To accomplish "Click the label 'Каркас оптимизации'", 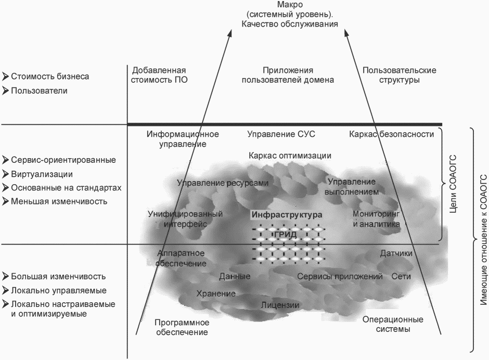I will tap(290, 156).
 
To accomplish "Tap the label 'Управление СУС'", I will tap(281, 134).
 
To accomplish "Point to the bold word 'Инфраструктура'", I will tap(287, 214).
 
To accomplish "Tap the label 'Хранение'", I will tap(216, 293).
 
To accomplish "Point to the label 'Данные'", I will tap(235, 276).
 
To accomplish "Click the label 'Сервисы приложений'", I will tap(340, 276).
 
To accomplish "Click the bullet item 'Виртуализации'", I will tap(42, 174).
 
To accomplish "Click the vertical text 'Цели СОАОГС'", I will tap(453, 182).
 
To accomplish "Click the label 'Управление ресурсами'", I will tap(223, 183).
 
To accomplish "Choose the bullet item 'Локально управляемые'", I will tap(58, 290).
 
